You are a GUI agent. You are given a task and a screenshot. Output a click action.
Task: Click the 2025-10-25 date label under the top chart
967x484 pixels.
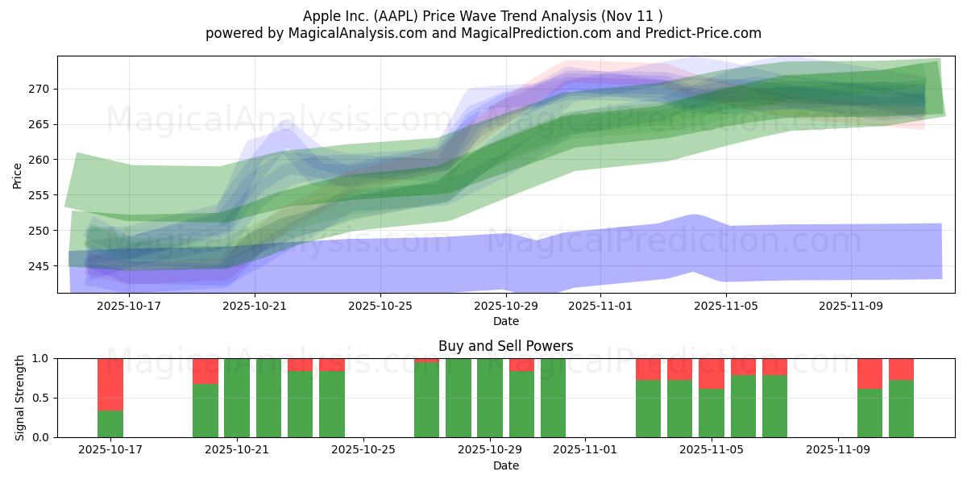point(380,307)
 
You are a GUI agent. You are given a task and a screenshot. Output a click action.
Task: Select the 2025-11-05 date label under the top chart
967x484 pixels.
point(726,307)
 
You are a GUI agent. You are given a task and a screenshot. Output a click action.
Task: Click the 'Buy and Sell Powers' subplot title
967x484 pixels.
point(505,346)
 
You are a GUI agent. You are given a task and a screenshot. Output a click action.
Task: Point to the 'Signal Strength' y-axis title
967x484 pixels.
point(19,398)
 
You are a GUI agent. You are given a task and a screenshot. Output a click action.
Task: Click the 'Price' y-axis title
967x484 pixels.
point(18,175)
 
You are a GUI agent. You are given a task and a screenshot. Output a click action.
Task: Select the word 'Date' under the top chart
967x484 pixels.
point(505,321)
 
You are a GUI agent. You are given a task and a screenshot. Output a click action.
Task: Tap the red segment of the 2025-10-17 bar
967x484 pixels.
point(110,384)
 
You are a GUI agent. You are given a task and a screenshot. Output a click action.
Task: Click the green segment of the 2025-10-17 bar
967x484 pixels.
point(110,424)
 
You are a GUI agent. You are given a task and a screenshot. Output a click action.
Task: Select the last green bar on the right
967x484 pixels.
point(901,409)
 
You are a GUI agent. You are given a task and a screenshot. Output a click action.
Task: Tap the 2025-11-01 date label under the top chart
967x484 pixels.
point(600,307)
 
